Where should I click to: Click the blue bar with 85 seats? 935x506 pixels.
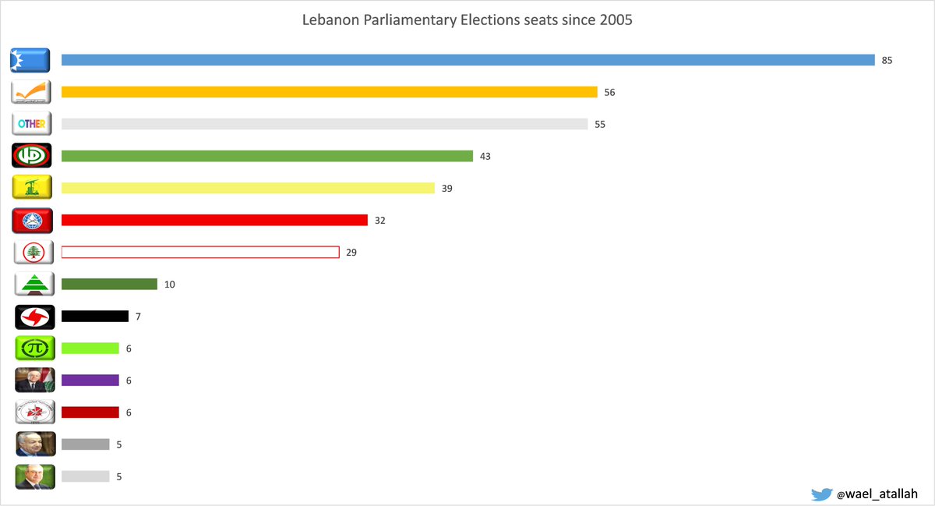pos(467,60)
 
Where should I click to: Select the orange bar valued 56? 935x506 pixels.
pos(329,92)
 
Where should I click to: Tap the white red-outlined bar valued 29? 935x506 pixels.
pos(200,252)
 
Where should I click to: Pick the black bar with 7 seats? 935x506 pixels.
pos(94,316)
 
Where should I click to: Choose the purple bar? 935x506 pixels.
pos(90,380)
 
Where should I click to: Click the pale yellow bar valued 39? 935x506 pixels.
pos(248,188)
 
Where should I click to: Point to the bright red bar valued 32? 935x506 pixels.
pos(214,220)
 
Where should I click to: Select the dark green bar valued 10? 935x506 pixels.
pos(109,284)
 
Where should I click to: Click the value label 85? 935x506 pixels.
pos(887,60)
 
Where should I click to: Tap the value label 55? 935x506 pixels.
pos(599,124)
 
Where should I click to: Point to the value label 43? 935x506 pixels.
pos(485,156)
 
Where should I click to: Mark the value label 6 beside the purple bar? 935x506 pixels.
pos(129,380)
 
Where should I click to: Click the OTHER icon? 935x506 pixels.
pos(32,124)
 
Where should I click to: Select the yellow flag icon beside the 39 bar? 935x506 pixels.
pos(32,188)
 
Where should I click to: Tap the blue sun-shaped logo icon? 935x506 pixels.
pos(30,60)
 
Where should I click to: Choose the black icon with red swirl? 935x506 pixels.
pos(34,317)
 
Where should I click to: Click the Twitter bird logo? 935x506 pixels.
pos(821,494)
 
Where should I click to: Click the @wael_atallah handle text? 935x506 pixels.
pos(877,494)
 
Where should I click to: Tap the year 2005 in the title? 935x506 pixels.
pos(616,20)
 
